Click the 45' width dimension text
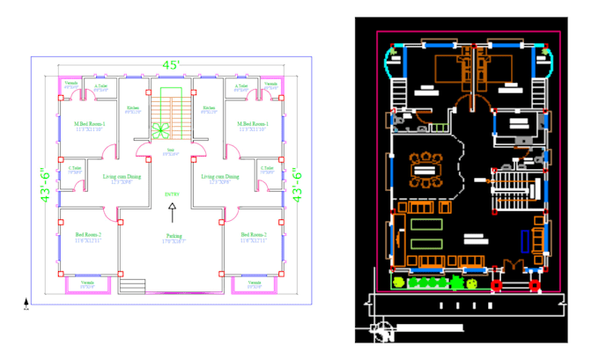171,65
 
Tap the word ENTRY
171,194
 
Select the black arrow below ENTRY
171,211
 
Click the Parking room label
173,236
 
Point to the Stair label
171,150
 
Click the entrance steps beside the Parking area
132,285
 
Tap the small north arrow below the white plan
26,305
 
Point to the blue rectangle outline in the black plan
526,240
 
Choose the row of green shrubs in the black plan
429,283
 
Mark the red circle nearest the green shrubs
496,285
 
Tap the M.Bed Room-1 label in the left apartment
90,125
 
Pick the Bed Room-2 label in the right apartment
253,236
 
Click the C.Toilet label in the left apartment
75,168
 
